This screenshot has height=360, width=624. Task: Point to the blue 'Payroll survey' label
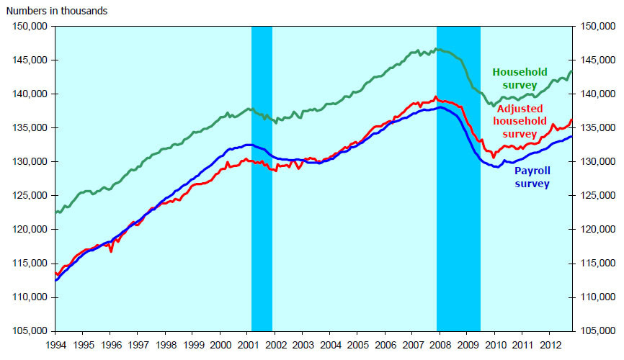(532, 178)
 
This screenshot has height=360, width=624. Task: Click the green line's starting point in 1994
(55, 212)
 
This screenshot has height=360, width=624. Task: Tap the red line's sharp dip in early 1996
(111, 251)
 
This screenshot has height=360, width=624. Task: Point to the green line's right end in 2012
(571, 71)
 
